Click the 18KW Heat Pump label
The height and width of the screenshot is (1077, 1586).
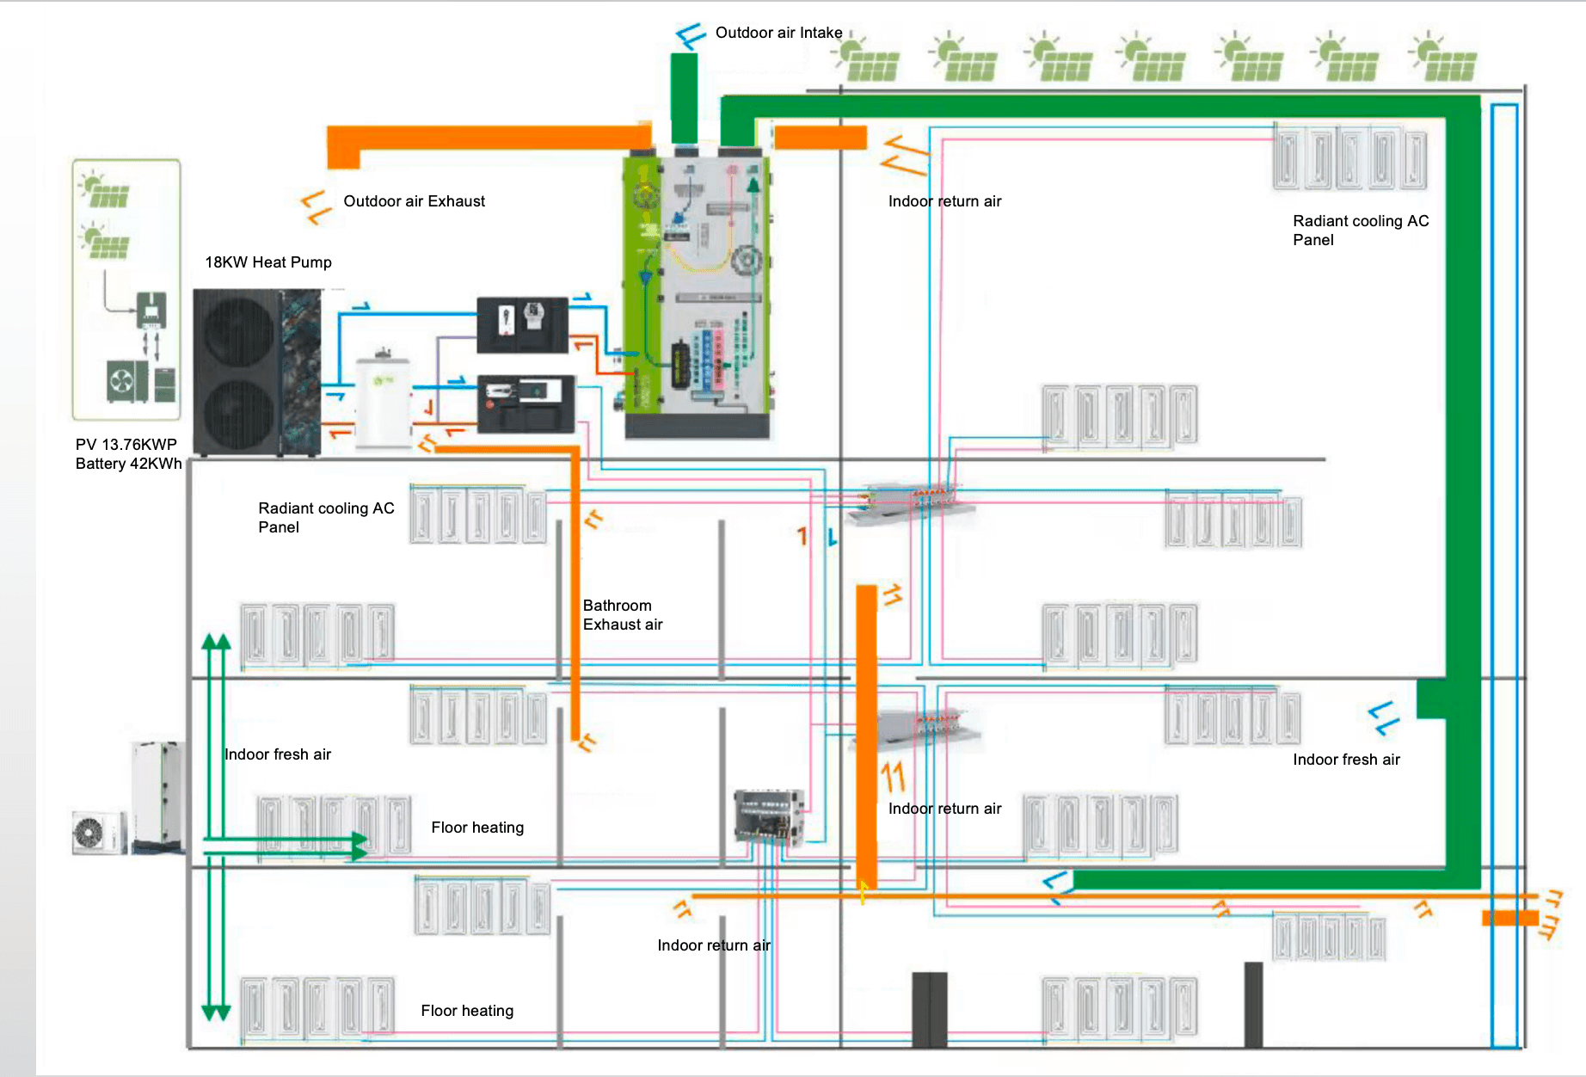(x=267, y=262)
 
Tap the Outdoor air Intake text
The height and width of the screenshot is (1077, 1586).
(x=778, y=33)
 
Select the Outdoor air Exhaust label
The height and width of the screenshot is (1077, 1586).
(x=414, y=201)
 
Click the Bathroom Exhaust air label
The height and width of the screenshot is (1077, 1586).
(x=622, y=615)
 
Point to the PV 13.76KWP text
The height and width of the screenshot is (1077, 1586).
(x=126, y=445)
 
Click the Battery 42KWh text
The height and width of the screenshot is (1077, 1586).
(x=128, y=464)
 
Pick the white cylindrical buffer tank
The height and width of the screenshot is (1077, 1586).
(x=384, y=397)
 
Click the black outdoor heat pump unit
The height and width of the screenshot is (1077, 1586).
(x=257, y=372)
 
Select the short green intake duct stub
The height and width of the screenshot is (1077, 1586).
(x=684, y=97)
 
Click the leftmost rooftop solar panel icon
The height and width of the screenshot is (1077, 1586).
(x=867, y=60)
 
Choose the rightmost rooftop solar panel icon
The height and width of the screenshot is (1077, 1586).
(x=1445, y=60)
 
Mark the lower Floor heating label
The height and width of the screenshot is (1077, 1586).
(x=467, y=1011)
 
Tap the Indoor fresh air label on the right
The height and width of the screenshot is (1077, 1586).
(x=1346, y=760)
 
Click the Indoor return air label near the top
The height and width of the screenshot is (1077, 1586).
(x=944, y=201)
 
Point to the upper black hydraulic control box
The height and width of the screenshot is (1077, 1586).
(x=522, y=324)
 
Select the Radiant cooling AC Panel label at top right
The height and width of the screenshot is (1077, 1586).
(x=1360, y=231)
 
